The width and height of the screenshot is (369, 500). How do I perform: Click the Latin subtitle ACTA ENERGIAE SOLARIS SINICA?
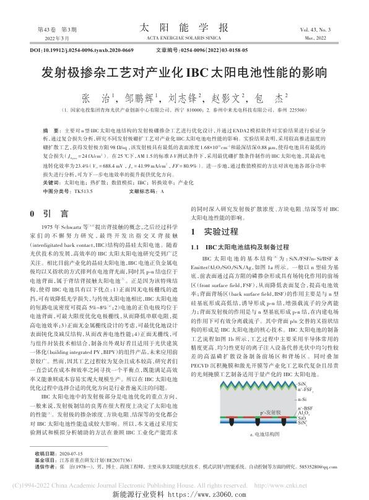[184, 38]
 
